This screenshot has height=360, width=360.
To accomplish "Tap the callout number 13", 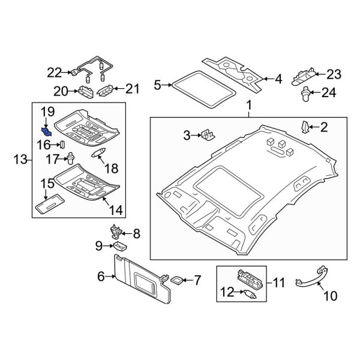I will click(x=20, y=159).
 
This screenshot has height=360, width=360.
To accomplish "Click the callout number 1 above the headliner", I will click(x=248, y=108).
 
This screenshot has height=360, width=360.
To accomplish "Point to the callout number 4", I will click(x=278, y=79).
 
